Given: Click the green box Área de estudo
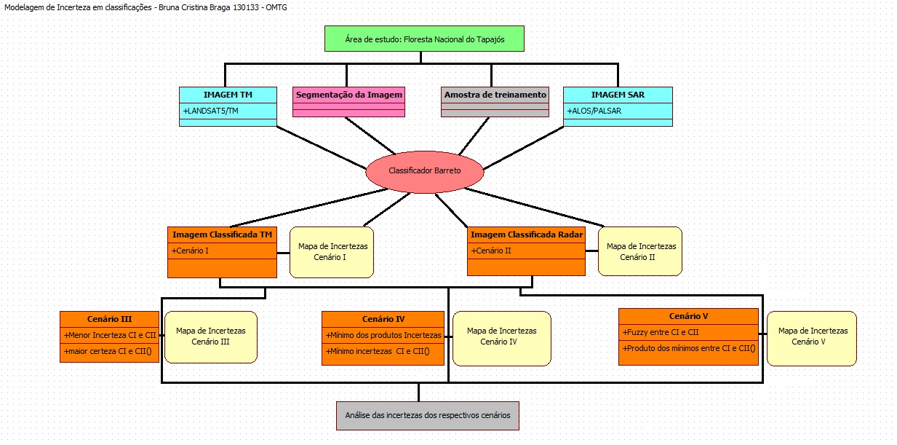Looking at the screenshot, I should pyautogui.click(x=424, y=39).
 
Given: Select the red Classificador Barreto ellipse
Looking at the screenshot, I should pyautogui.click(x=424, y=170).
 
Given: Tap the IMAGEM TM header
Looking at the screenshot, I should pyautogui.click(x=228, y=95).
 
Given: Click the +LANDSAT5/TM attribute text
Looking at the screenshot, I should pyautogui.click(x=212, y=111).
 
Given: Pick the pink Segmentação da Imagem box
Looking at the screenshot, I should pyautogui.click(x=348, y=95).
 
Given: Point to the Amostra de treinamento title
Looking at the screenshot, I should pyautogui.click(x=495, y=95).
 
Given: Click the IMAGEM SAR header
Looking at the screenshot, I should pyautogui.click(x=618, y=95).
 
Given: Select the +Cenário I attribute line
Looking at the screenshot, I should pyautogui.click(x=191, y=251).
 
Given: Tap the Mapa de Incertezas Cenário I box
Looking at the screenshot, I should pyautogui.click(x=332, y=252).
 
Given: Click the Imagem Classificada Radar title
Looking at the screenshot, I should pyautogui.click(x=525, y=235).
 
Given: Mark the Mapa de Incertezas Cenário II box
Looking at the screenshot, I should pyautogui.click(x=640, y=251).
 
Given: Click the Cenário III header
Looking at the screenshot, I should pyautogui.click(x=109, y=319).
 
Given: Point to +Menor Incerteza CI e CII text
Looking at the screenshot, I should pyautogui.click(x=110, y=335).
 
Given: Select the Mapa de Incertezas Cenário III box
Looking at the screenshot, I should pyautogui.click(x=210, y=336).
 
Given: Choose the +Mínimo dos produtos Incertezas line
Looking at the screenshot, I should pyautogui.click(x=383, y=335).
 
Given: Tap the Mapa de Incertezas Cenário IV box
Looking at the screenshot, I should pyautogui.click(x=501, y=336).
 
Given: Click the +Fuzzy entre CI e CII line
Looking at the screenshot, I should pyautogui.click(x=661, y=332).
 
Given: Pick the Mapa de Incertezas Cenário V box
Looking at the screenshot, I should pyautogui.click(x=811, y=336).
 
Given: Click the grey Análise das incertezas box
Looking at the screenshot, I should pyautogui.click(x=428, y=415).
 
